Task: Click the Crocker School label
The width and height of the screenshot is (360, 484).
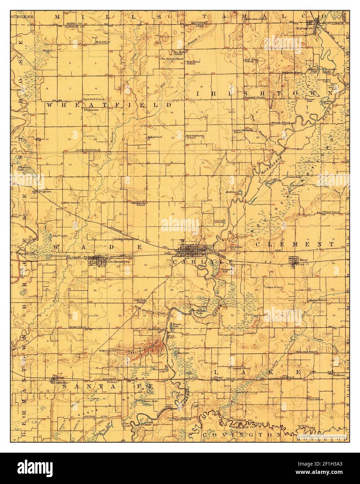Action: pyautogui.click(x=123, y=239)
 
